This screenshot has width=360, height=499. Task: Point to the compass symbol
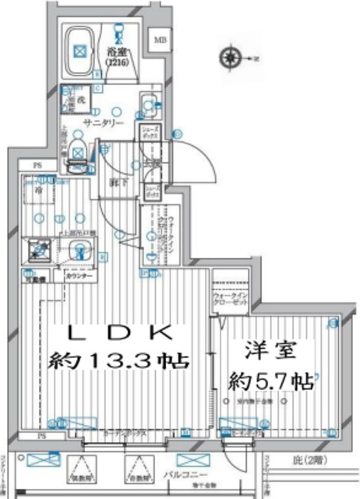click(231, 57)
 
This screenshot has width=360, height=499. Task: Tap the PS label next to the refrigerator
click(36, 165)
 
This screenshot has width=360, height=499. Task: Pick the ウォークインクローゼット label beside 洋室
click(229, 302)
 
